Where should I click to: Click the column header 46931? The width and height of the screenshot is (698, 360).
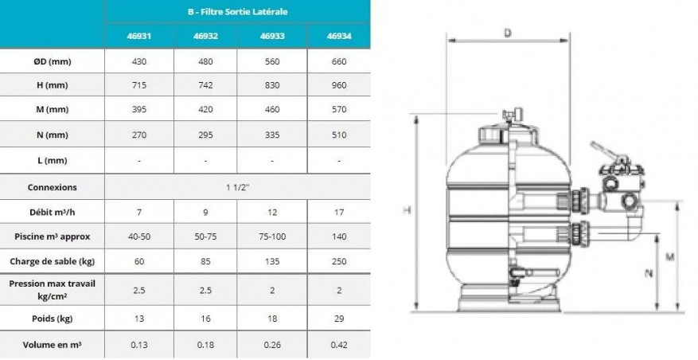139,36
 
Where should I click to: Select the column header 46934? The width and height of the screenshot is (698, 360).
339,36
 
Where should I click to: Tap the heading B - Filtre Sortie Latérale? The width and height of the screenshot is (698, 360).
237,12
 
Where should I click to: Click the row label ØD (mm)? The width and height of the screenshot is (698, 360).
52,61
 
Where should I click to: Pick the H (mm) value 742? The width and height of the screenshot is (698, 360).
205,85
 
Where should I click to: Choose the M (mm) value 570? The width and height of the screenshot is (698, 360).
339,109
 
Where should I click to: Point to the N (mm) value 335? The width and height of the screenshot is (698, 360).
272,135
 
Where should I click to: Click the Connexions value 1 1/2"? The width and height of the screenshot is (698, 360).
237,187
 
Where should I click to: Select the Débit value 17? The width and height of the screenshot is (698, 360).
339,212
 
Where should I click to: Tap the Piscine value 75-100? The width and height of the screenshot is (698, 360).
272,236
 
